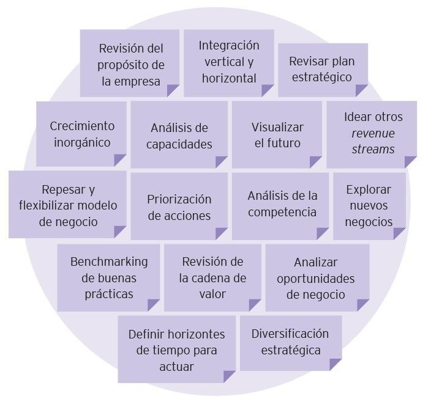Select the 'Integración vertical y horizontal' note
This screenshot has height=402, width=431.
click(228, 62)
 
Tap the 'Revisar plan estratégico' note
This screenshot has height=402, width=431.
click(322, 69)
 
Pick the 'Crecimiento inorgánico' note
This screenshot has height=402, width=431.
click(81, 134)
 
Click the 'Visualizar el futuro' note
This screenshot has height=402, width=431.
click(277, 135)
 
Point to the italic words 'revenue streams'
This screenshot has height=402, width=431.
click(373, 141)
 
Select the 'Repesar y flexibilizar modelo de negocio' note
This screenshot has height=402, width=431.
click(67, 205)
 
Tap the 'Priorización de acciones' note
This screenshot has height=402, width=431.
click(179, 207)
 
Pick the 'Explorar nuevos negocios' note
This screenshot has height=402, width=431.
click(369, 205)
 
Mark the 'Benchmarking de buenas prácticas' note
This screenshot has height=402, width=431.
click(108, 277)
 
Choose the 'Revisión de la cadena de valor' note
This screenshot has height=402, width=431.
click(212, 277)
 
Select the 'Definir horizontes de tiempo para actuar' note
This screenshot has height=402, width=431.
click(176, 349)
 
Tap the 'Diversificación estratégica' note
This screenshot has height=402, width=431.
click(290, 342)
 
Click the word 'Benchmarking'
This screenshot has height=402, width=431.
click(108, 261)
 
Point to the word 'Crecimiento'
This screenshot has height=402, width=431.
click(82, 126)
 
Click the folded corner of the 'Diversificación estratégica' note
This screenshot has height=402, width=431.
click(335, 364)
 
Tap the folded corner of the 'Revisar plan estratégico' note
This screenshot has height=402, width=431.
click(361, 90)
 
